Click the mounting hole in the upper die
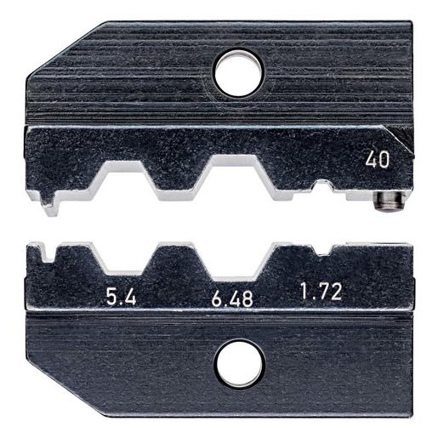tap(238, 72)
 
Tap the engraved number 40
tap(377, 160)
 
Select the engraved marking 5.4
tap(121, 297)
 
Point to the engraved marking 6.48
tap(232, 299)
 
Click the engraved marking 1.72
tap(321, 292)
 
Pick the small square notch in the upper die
tap(322, 185)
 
